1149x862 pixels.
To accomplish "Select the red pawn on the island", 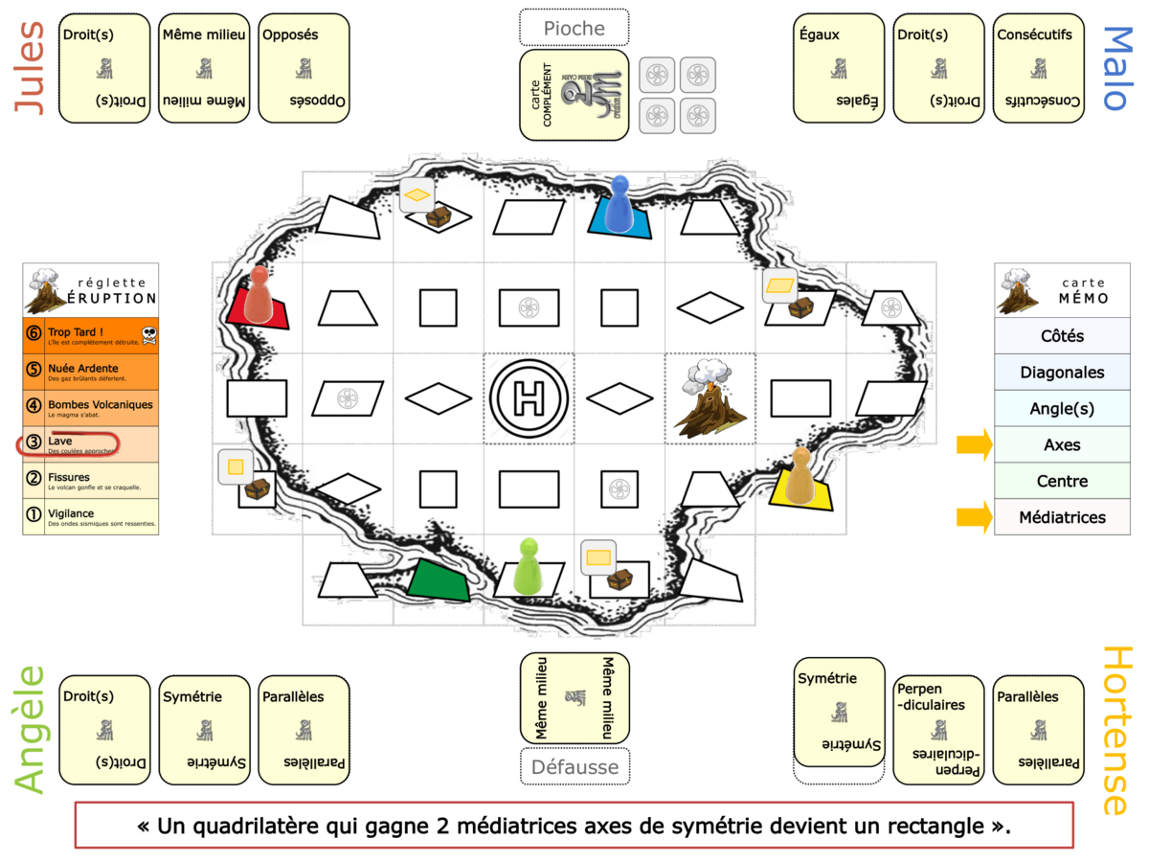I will coord(259,294).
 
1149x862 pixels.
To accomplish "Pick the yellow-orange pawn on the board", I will coord(800,476).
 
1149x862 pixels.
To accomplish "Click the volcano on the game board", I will coord(710,399).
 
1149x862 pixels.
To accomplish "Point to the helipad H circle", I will coord(529,398).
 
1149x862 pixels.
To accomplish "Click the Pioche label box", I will coord(574,28).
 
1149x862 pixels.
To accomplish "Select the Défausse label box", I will coord(574,766).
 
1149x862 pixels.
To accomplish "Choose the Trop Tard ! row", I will coord(90,335).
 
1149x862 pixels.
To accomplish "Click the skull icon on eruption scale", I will coord(148,334).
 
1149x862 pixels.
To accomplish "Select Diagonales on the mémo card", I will coord(1062,373).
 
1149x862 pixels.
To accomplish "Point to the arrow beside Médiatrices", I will coord(974,517).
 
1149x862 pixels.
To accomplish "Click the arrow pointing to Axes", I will coord(974,445).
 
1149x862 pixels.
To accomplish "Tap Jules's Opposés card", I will coord(304,68).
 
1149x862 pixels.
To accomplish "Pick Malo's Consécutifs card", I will coord(1039,68).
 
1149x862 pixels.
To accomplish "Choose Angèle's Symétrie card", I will coord(204,730).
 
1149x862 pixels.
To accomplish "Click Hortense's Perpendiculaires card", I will coord(939,730).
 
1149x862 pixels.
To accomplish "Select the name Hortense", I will coord(1117,730).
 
